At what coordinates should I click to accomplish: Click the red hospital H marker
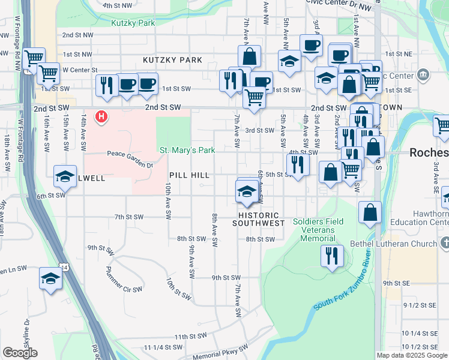(x=102, y=116)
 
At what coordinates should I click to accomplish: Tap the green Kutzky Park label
(x=133, y=23)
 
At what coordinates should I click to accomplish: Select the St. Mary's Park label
(x=187, y=150)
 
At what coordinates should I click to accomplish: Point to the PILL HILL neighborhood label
(x=189, y=175)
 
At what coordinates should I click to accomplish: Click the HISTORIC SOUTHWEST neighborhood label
(x=261, y=219)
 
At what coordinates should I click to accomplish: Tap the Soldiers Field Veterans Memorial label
(x=318, y=230)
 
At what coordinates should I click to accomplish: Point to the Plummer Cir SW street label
(x=124, y=279)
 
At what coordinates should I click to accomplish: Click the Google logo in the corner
(x=20, y=353)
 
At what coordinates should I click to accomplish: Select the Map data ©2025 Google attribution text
(x=412, y=355)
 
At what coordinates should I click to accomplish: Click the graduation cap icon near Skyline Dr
(x=50, y=278)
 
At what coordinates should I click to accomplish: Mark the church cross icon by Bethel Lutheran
(x=444, y=244)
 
